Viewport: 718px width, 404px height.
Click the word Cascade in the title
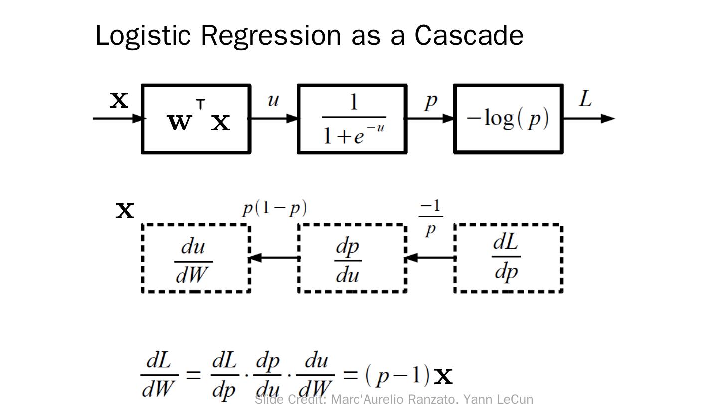click(469, 35)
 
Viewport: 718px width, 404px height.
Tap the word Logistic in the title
click(143, 35)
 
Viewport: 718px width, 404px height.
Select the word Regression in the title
click(271, 36)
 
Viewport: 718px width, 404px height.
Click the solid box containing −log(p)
click(509, 119)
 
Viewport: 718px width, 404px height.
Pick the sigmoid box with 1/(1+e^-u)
click(353, 119)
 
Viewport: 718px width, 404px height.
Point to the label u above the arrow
click(273, 100)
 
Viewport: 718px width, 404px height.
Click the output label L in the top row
click(585, 99)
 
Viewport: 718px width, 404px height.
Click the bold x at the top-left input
click(119, 100)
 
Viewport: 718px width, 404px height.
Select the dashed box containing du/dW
click(196, 258)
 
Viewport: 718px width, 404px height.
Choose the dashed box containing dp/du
click(353, 258)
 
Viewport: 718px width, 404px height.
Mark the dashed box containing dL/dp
click(509, 258)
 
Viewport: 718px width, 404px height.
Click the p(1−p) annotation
click(275, 208)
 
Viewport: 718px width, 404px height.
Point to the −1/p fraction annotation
click(431, 217)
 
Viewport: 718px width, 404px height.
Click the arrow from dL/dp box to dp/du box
click(430, 258)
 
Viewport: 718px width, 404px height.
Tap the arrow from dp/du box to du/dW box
click(274, 258)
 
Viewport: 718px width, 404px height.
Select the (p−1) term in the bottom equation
click(398, 375)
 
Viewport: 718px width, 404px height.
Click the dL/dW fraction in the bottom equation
click(159, 375)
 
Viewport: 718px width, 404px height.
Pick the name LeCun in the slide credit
click(515, 399)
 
